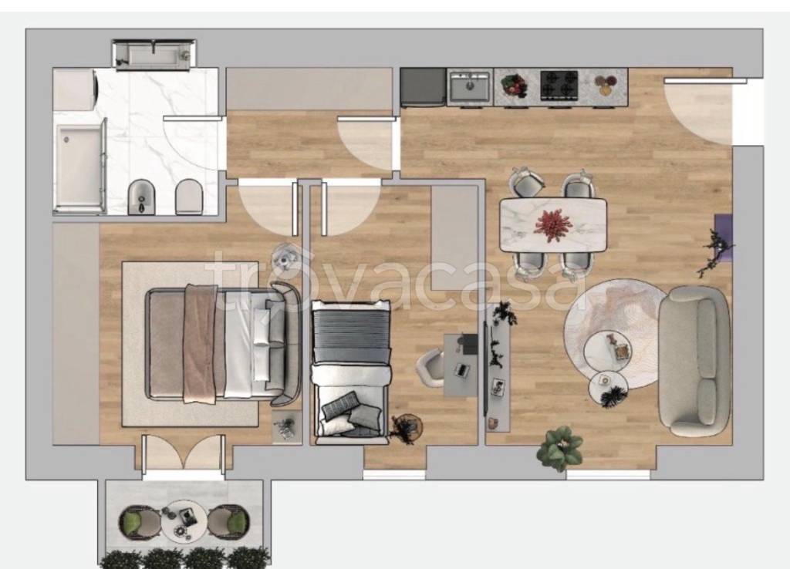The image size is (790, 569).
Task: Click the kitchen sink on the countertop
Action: [470, 86]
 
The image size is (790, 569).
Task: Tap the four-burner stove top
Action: [559, 85]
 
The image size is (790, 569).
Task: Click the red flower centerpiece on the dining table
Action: [552, 223]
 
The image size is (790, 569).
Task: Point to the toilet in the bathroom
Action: [188, 197]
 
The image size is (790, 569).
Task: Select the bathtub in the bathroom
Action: [79, 167]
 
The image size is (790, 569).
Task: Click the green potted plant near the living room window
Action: [560, 447]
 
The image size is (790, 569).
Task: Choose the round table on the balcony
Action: [184, 520]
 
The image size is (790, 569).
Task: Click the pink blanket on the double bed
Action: [200, 343]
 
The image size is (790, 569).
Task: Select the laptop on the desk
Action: [461, 370]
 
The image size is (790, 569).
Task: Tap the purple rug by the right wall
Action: [724, 237]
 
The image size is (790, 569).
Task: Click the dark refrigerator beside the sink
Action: [424, 87]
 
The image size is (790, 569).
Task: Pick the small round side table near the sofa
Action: [608, 387]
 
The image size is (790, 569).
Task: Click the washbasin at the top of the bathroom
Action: [154, 55]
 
